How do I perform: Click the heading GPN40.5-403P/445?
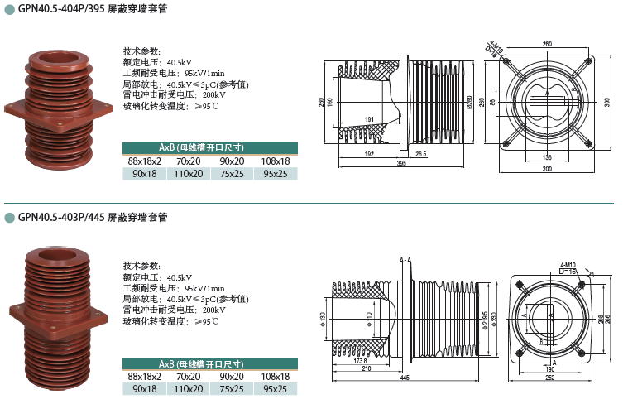point(91,218)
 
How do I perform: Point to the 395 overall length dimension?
point(401,164)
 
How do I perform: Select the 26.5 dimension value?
point(420,154)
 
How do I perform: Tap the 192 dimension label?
point(369,154)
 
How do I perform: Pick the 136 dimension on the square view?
point(547,156)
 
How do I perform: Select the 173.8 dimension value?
point(359,361)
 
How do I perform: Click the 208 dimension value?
point(601,318)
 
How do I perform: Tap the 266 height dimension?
point(608,318)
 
